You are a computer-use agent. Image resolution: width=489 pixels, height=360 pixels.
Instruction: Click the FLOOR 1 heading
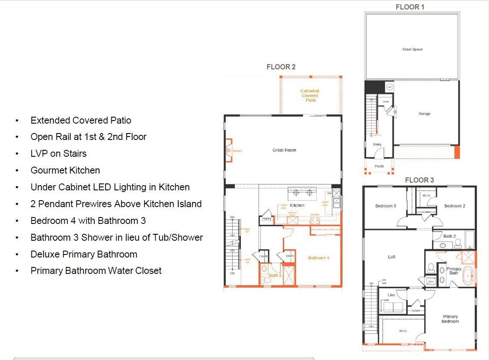[410, 7]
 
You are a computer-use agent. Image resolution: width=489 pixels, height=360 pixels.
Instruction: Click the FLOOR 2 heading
[281, 67]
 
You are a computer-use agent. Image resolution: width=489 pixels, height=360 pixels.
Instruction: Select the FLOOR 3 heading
[419, 180]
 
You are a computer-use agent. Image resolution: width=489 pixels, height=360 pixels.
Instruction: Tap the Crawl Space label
[412, 50]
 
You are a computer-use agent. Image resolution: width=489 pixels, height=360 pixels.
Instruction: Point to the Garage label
[424, 114]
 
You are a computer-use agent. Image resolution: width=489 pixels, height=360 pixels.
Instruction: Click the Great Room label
[284, 150]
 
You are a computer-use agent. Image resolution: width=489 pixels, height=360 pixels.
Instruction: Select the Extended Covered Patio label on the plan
[310, 96]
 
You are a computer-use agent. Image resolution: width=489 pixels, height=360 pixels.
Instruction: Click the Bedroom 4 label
[318, 258]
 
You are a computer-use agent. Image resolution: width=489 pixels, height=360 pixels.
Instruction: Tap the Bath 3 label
[275, 276]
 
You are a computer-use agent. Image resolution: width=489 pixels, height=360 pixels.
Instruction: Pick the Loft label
[392, 257]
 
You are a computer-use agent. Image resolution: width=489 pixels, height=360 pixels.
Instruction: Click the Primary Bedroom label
[450, 319]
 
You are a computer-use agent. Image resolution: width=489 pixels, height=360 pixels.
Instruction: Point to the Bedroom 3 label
[385, 206]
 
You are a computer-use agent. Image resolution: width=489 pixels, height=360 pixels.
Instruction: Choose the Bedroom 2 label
[455, 206]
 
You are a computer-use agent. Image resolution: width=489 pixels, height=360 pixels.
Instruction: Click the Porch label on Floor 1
[379, 166]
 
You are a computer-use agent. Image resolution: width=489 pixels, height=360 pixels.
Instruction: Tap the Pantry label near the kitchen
[267, 219]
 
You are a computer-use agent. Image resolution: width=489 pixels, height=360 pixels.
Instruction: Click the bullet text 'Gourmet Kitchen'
[65, 171]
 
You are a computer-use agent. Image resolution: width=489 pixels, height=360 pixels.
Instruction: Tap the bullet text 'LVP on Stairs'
[59, 154]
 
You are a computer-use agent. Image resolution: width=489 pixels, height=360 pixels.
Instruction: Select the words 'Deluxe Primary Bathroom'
[84, 254]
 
